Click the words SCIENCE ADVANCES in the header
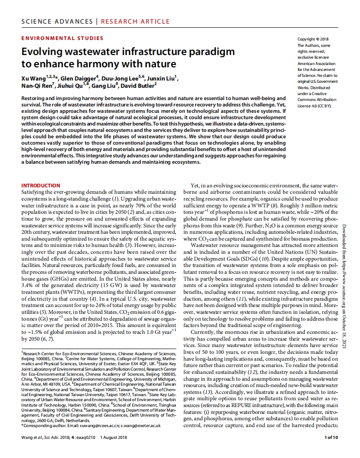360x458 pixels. (57, 21)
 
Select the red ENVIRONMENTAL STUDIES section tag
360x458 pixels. (62, 38)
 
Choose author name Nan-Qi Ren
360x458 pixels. (35, 86)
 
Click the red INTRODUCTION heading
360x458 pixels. (41, 186)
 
